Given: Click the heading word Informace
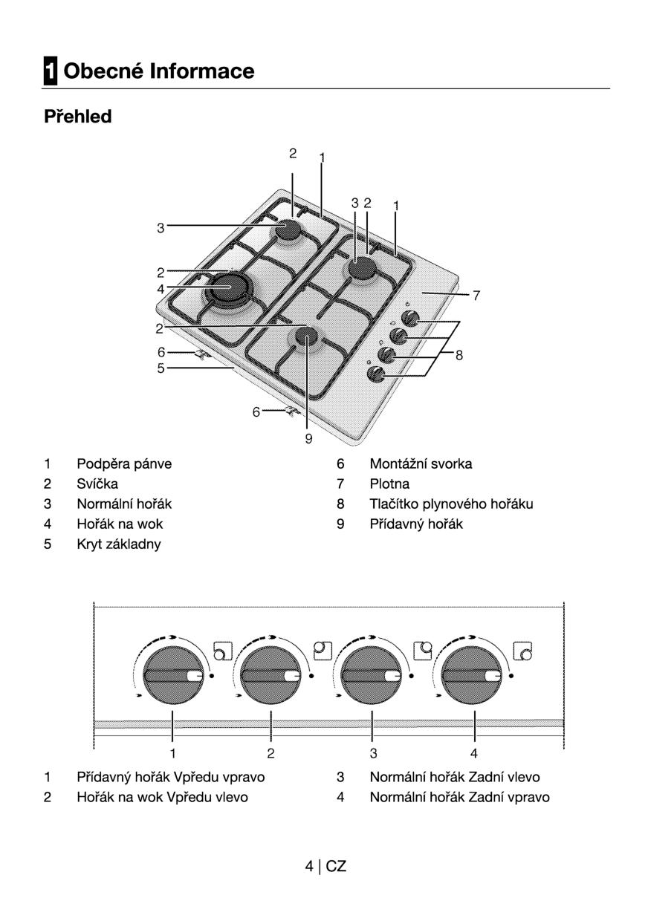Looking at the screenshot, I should pos(201,71).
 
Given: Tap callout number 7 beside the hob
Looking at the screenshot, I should pos(476,296).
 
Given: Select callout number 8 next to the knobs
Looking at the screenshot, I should pos(459,356).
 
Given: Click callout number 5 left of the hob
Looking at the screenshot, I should pos(161,367).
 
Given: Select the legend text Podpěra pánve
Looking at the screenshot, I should pos(124,464).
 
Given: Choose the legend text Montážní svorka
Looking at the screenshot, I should pos(421,464).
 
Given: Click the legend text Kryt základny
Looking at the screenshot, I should pos(119,544).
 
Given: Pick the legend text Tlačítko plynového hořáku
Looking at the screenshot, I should pos(451,504).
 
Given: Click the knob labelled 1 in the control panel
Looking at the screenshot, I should pos(172,676).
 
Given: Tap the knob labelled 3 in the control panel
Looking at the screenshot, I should pos(371,676).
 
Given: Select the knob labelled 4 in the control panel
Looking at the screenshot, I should pos(473,676).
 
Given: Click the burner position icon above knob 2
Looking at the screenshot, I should pos(322,651).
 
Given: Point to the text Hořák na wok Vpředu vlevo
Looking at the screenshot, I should pos(163,798).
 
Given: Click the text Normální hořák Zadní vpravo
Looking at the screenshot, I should pos(459,798).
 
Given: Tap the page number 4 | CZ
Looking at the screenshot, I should pos(325,866).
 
